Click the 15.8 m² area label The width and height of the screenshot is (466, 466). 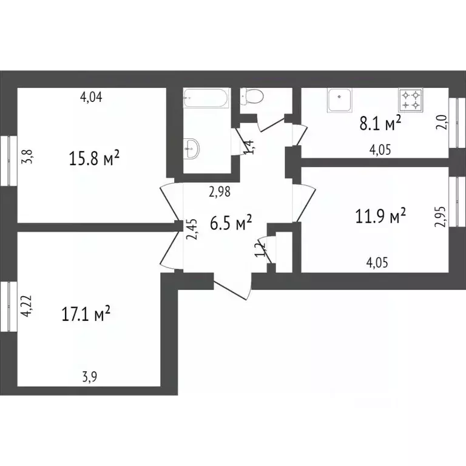click(95, 160)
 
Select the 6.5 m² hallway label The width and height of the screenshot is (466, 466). click(231, 223)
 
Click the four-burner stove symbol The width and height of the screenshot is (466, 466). click(410, 100)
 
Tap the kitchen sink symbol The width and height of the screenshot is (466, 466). click(340, 101)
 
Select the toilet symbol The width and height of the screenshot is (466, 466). click(251, 97)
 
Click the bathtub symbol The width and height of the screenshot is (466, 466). click(206, 98)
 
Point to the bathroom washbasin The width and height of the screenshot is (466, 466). click(192, 148)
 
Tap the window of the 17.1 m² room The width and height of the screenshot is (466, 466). click(7, 307)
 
